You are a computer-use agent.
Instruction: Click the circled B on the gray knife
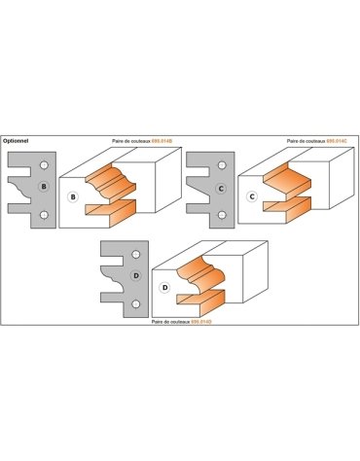(x=43, y=185)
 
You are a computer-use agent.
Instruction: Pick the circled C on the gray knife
(x=222, y=185)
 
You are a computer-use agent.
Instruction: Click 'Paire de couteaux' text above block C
(x=305, y=140)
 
